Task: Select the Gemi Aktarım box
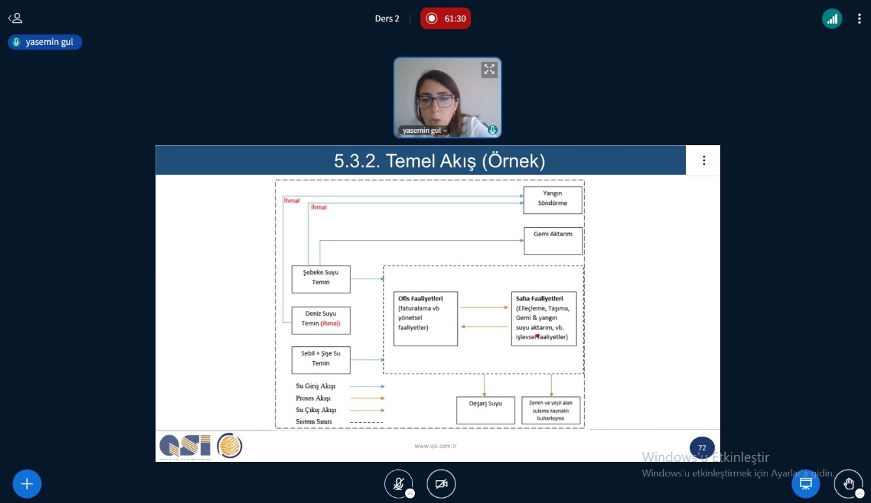click(552, 241)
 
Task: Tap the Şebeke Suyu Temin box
click(321, 279)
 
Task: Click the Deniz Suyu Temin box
click(321, 320)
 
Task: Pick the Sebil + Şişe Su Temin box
click(321, 360)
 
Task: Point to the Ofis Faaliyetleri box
click(425, 319)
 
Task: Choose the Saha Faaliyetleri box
click(543, 319)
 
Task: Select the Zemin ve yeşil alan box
click(550, 411)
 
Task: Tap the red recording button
click(445, 18)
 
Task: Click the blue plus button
click(27, 484)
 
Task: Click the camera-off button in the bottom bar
click(441, 484)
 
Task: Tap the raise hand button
click(848, 484)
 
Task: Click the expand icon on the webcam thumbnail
click(489, 69)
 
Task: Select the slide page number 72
click(702, 448)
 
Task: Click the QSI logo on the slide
click(185, 446)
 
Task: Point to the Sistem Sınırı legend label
click(313, 422)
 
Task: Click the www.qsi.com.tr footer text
click(435, 446)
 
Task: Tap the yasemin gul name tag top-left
click(45, 42)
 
